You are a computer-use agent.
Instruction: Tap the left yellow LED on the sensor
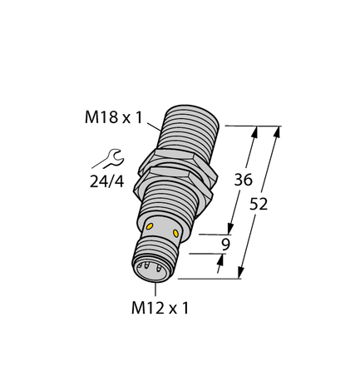coord(150,226)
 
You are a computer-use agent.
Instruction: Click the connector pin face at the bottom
coord(151,268)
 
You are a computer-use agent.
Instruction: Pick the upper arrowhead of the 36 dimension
coord(255,131)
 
